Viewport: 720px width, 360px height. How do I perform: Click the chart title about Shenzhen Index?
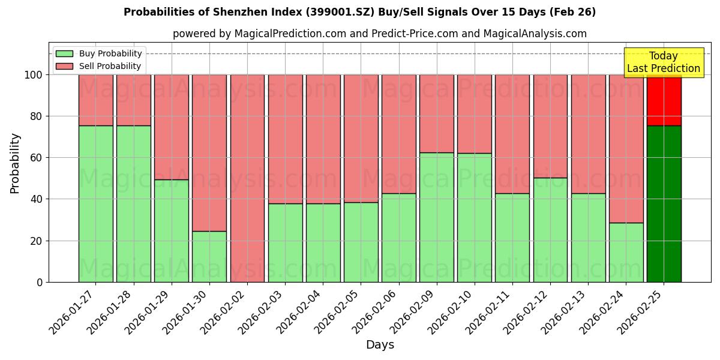pos(359,12)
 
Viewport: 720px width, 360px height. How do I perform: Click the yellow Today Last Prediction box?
pos(663,62)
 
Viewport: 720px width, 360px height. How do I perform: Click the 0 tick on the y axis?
pos(40,282)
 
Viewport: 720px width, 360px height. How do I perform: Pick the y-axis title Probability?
pos(15,163)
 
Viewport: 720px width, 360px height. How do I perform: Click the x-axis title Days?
pos(380,345)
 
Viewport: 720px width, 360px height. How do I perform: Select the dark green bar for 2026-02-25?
pos(664,204)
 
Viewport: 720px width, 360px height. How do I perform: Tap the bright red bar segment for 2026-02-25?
pos(664,100)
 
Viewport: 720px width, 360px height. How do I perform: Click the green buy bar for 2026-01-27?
pos(95,204)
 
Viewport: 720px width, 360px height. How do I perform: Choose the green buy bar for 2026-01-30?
pos(209,256)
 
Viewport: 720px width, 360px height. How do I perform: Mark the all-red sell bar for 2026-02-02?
pos(247,178)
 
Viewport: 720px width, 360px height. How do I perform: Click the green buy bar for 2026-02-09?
pos(436,217)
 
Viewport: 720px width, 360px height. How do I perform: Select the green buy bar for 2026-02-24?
pos(626,252)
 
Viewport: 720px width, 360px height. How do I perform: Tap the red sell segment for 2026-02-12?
pos(550,126)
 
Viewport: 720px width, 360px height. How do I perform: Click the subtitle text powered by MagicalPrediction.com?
pos(380,34)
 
